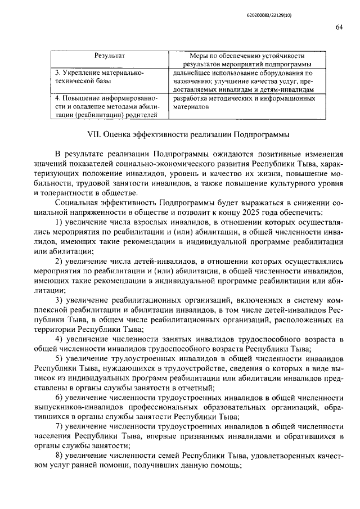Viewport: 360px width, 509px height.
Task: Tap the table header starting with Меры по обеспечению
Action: (246, 60)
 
